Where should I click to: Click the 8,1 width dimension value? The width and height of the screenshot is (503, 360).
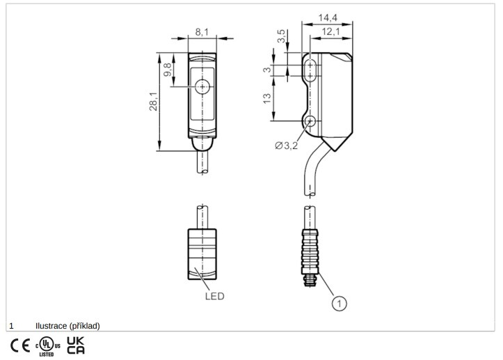tap(202, 32)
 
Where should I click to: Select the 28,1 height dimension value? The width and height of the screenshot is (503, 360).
tap(154, 102)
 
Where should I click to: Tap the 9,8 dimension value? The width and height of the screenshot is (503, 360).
tap(168, 70)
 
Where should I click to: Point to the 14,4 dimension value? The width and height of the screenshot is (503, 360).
tap(328, 18)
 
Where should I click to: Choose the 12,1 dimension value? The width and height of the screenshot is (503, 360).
tap(330, 32)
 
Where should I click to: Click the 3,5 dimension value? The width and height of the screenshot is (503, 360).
tap(281, 36)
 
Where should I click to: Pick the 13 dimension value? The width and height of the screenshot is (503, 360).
tap(267, 98)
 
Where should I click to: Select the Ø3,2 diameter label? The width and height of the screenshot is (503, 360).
tap(287, 146)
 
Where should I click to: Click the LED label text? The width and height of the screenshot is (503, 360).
tap(214, 296)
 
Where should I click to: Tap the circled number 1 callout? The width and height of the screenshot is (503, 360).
tap(339, 303)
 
